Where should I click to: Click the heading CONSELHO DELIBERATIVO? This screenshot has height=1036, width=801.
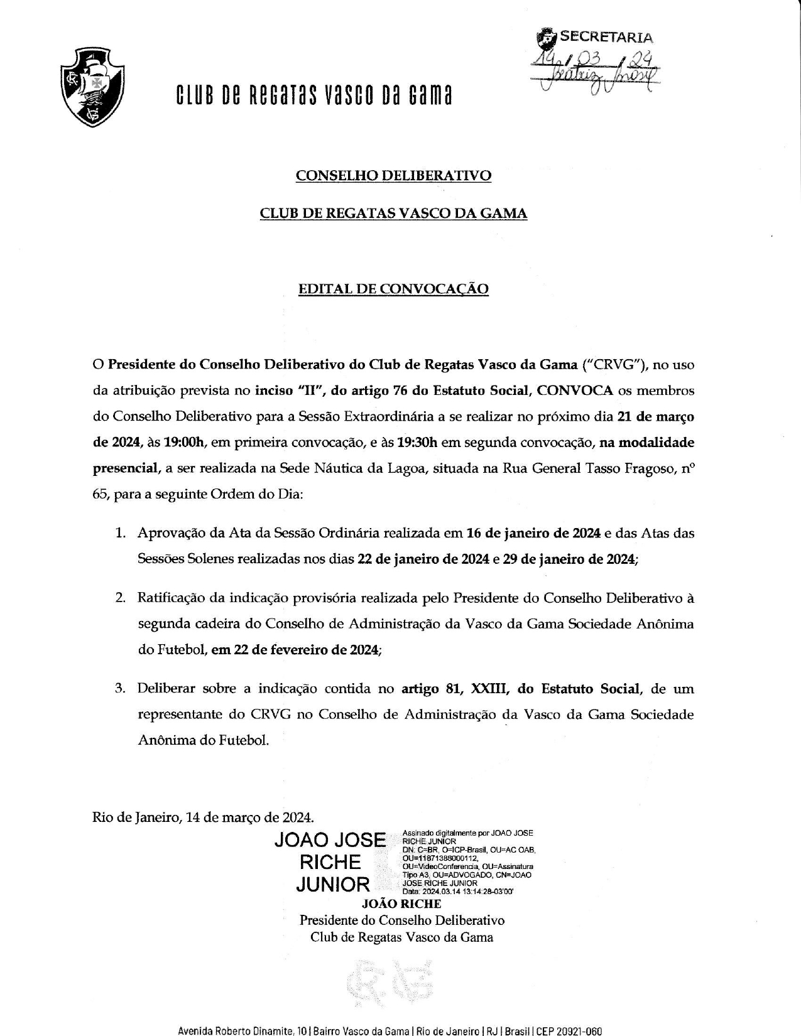tap(393, 176)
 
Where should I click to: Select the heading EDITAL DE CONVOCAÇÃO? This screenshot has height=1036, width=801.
tap(393, 289)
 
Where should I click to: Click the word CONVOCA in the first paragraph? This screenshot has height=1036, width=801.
tap(576, 391)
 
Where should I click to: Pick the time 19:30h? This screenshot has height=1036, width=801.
tap(417, 442)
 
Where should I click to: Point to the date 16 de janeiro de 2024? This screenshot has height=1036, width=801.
tap(533, 534)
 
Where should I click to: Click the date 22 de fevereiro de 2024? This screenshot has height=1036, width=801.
tap(295, 650)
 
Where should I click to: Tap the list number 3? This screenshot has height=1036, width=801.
tap(119, 689)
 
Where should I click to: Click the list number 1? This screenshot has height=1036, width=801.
tap(119, 534)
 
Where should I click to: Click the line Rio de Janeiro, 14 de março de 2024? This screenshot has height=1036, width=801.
tap(203, 817)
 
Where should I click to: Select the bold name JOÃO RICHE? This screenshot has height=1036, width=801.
tap(401, 904)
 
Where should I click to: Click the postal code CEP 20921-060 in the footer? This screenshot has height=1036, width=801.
tap(569, 1030)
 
